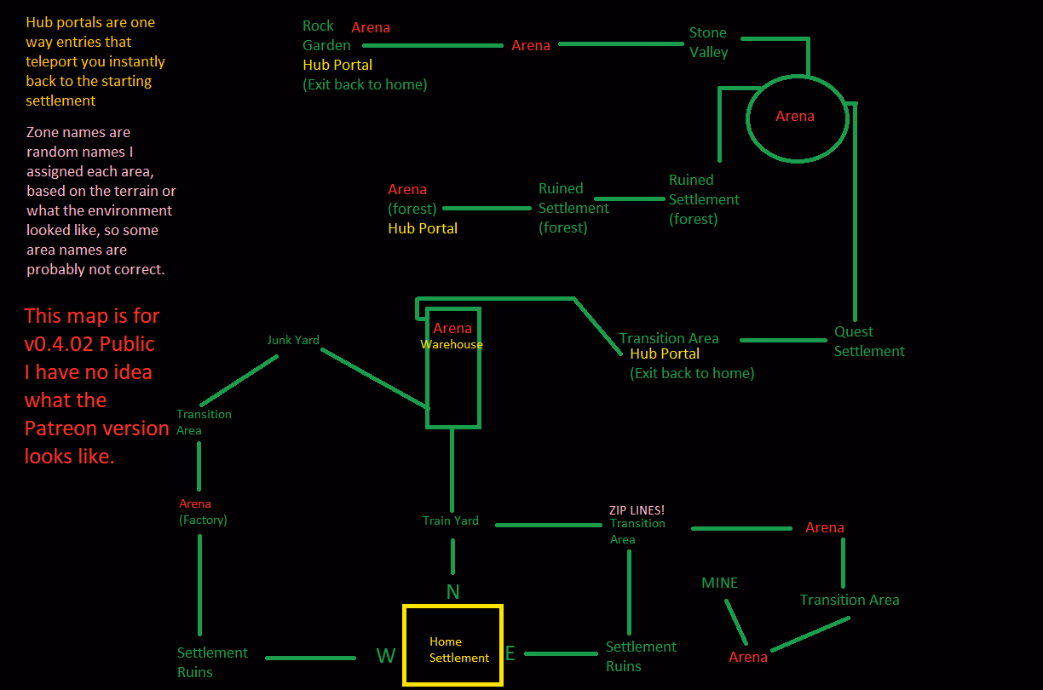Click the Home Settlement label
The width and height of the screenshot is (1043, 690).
click(458, 649)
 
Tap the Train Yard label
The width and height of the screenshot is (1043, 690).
click(450, 520)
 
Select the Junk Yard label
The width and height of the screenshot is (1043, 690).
click(293, 340)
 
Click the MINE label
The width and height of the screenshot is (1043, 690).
click(719, 584)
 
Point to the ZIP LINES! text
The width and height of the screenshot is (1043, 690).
click(637, 510)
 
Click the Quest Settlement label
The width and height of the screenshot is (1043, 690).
click(868, 342)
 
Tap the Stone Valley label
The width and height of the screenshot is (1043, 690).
click(708, 43)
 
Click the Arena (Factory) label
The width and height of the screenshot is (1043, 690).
click(203, 511)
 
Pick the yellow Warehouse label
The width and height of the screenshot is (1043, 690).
click(452, 345)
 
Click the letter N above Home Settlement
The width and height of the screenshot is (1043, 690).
click(452, 592)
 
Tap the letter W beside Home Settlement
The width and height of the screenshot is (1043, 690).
click(386, 655)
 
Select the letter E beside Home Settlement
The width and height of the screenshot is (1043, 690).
click(510, 654)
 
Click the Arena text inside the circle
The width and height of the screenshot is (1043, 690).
click(794, 116)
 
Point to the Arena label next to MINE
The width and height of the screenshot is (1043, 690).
click(747, 657)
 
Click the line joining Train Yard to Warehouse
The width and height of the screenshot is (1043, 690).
click(452, 469)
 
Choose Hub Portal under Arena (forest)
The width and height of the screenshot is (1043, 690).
click(423, 228)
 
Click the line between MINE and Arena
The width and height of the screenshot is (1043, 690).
click(736, 622)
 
